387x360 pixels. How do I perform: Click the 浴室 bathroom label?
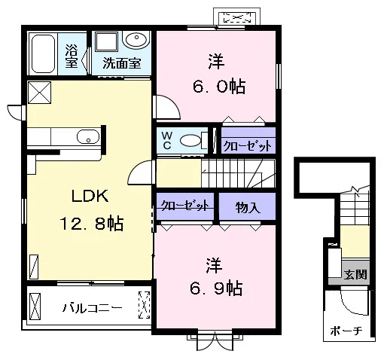click(x=72, y=56)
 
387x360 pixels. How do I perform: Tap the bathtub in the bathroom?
click(x=44, y=53)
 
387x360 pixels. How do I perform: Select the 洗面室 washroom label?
click(x=122, y=63)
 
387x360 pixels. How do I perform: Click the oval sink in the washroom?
click(x=136, y=40)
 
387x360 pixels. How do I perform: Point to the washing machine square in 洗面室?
click(x=107, y=41)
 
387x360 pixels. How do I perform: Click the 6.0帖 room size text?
click(x=219, y=87)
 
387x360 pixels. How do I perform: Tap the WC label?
click(x=167, y=141)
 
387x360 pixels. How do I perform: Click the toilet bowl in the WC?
click(x=191, y=141)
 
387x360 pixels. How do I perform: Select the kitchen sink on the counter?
click(x=88, y=137)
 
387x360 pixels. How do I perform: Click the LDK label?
click(x=90, y=196)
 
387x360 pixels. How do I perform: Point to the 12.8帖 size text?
click(x=92, y=224)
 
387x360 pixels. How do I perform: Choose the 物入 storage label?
click(x=248, y=207)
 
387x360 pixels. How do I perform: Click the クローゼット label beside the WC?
click(x=248, y=145)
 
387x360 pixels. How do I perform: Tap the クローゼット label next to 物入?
click(x=185, y=206)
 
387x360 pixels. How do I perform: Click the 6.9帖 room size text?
click(x=216, y=288)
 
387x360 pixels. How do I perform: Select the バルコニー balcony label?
click(x=92, y=308)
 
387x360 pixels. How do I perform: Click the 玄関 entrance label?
click(x=355, y=274)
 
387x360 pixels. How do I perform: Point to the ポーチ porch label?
click(x=346, y=331)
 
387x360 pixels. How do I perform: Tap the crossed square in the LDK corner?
click(x=39, y=93)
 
